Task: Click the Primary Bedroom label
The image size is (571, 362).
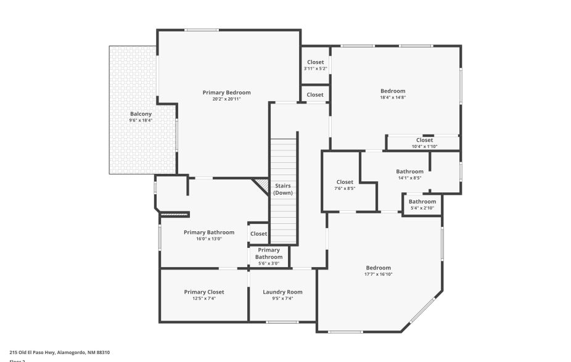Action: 226,93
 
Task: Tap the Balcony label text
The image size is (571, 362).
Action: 141,113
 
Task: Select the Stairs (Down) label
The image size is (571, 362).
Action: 283,189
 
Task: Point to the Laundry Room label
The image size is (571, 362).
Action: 282,292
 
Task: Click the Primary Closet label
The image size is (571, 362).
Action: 204,292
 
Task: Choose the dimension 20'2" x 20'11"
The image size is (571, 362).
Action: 226,99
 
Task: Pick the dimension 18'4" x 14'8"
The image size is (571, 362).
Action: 393,97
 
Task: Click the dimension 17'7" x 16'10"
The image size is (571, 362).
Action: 378,274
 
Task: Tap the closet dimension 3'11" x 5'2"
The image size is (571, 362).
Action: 315,68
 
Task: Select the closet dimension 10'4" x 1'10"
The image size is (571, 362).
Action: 424,146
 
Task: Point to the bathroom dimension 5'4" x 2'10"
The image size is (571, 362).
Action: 422,208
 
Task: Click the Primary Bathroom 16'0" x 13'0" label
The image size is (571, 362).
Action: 209,235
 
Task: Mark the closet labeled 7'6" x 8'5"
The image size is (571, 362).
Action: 345,185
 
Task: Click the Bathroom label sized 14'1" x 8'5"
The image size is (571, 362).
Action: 409,175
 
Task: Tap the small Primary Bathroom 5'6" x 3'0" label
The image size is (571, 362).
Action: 268,257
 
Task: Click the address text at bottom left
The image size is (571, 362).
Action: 59,352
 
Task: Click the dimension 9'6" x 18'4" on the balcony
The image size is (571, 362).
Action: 141,120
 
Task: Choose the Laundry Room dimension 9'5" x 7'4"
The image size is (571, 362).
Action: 282,298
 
